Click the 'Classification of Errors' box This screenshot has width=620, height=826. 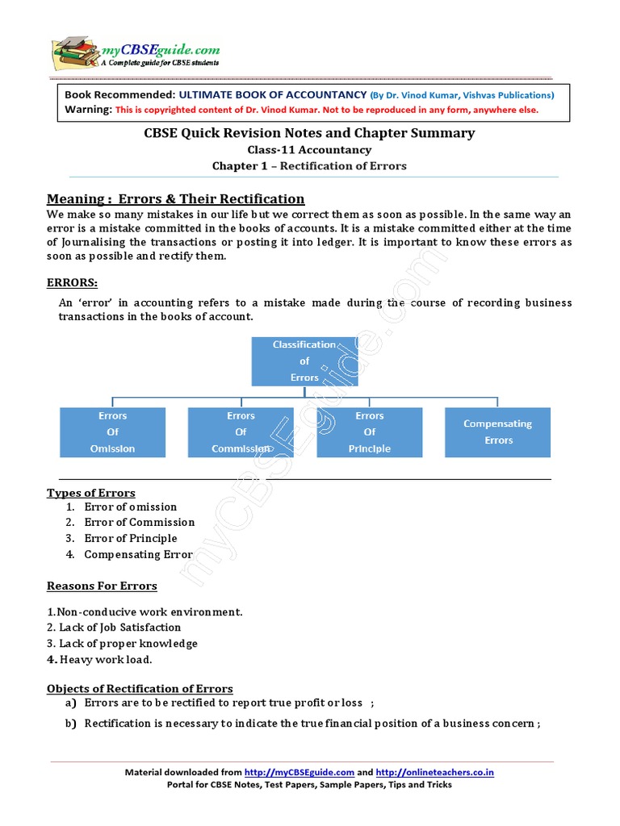[x=304, y=361]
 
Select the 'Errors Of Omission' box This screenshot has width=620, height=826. [x=113, y=432]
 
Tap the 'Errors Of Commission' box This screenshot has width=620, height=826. [x=241, y=432]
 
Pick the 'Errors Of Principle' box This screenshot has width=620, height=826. [x=370, y=432]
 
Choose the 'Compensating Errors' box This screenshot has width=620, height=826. [x=498, y=432]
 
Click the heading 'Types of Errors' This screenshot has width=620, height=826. [x=91, y=493]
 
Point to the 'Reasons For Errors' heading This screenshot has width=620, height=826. [x=102, y=586]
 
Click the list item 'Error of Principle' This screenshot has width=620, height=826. [x=130, y=538]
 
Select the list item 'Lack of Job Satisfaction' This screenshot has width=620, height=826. [x=114, y=628]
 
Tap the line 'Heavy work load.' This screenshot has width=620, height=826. [x=99, y=660]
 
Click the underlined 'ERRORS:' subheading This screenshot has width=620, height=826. [x=73, y=283]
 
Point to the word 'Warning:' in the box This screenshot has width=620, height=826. [x=89, y=109]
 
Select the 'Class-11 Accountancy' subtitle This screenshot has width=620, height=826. [x=309, y=149]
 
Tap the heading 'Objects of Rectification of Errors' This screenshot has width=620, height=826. [x=140, y=688]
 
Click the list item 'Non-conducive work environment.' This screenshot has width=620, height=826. [x=145, y=611]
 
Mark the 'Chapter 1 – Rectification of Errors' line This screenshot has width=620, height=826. [x=309, y=166]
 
